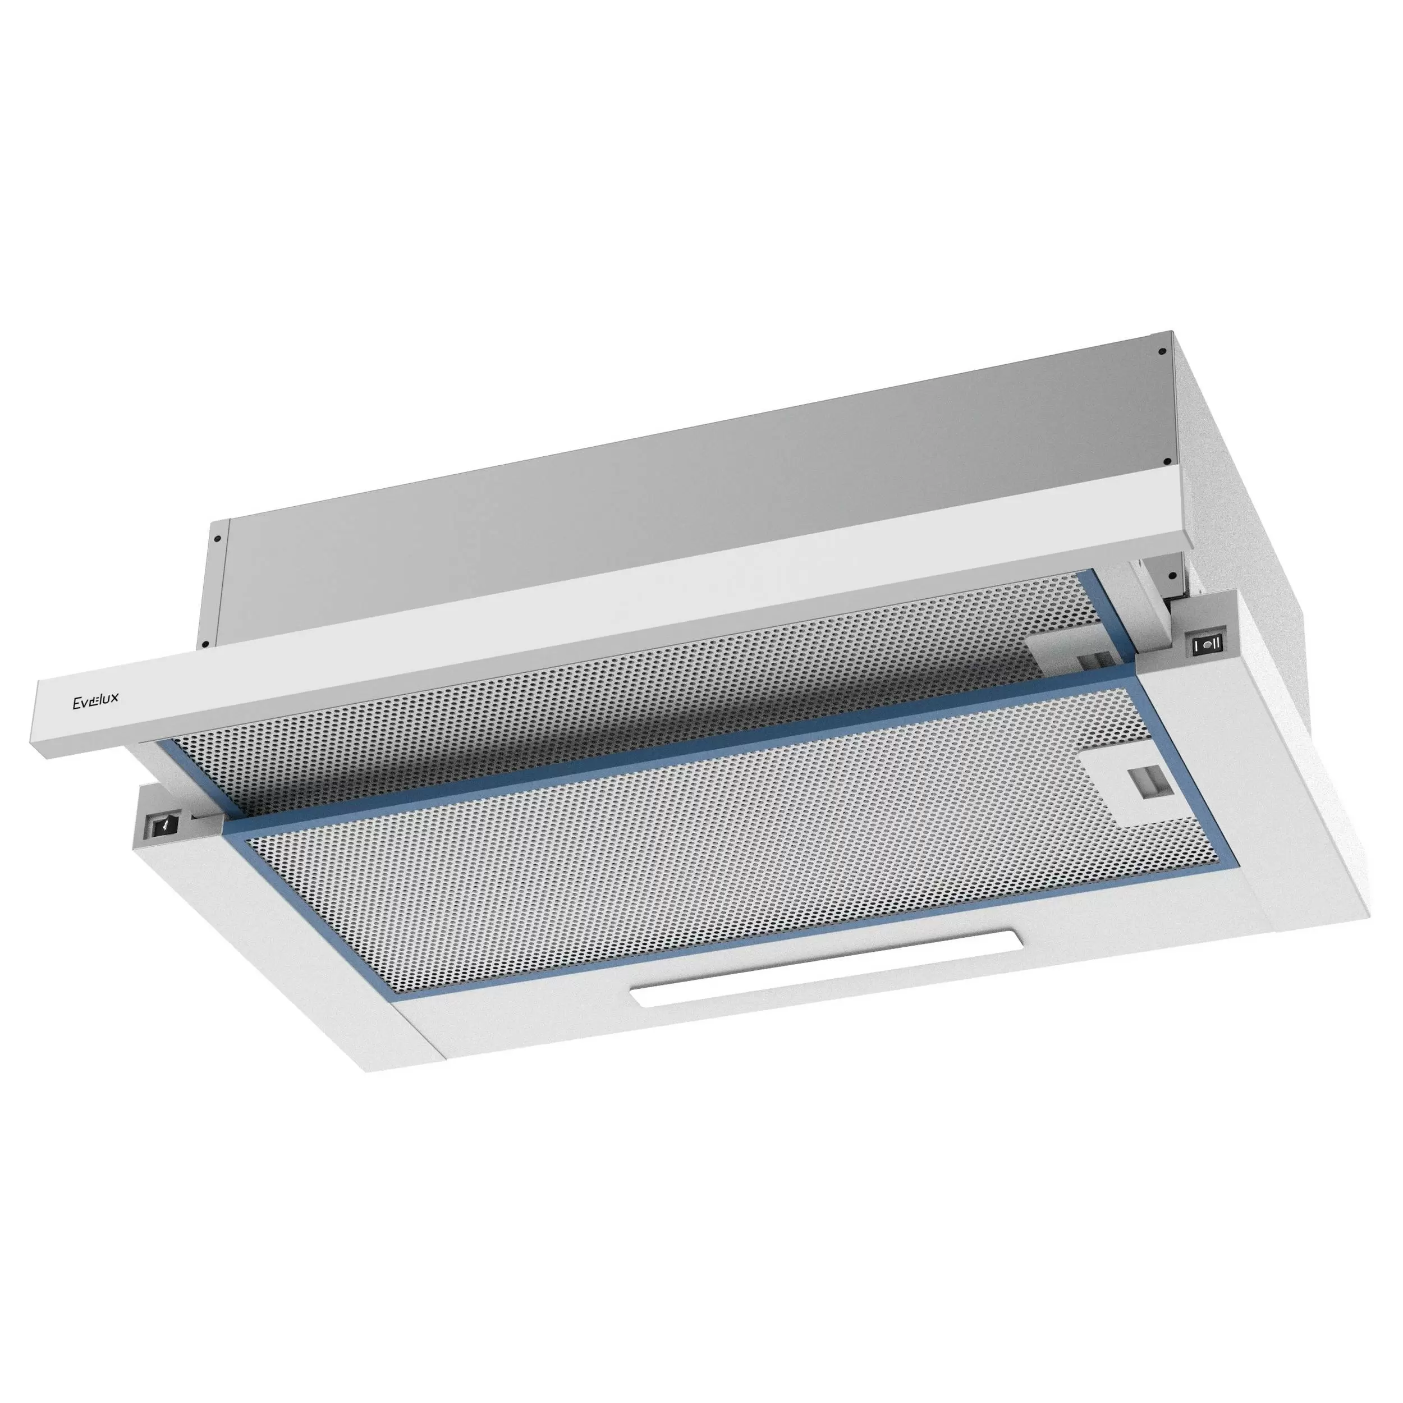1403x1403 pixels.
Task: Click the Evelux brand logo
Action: (x=95, y=699)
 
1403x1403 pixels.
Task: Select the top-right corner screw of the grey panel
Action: (x=1162, y=352)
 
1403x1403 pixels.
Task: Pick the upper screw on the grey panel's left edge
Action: (x=217, y=539)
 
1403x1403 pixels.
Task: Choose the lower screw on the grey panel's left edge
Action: (x=206, y=643)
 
